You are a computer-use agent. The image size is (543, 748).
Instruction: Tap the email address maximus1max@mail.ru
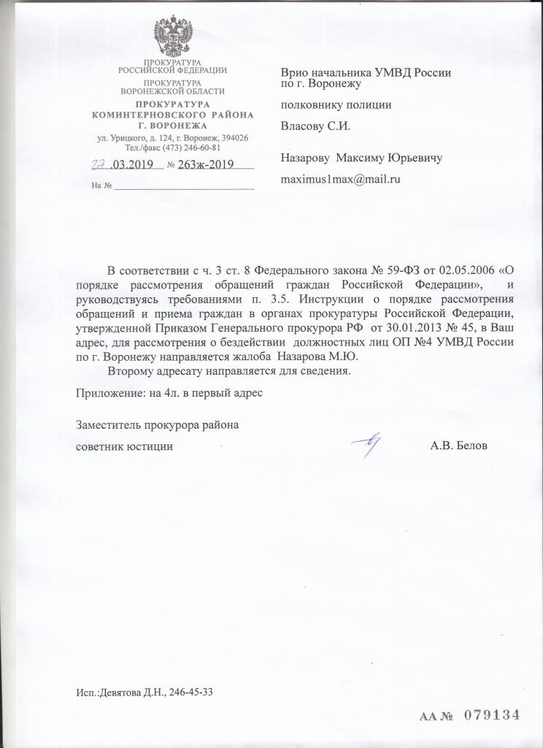[x=342, y=178]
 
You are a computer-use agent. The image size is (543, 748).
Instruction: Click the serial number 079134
[x=490, y=716]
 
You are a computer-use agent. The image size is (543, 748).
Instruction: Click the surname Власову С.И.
[x=316, y=126]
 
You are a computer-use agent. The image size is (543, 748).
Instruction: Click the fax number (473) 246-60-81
[x=192, y=148]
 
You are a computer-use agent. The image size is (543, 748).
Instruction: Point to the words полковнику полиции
[x=336, y=104]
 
